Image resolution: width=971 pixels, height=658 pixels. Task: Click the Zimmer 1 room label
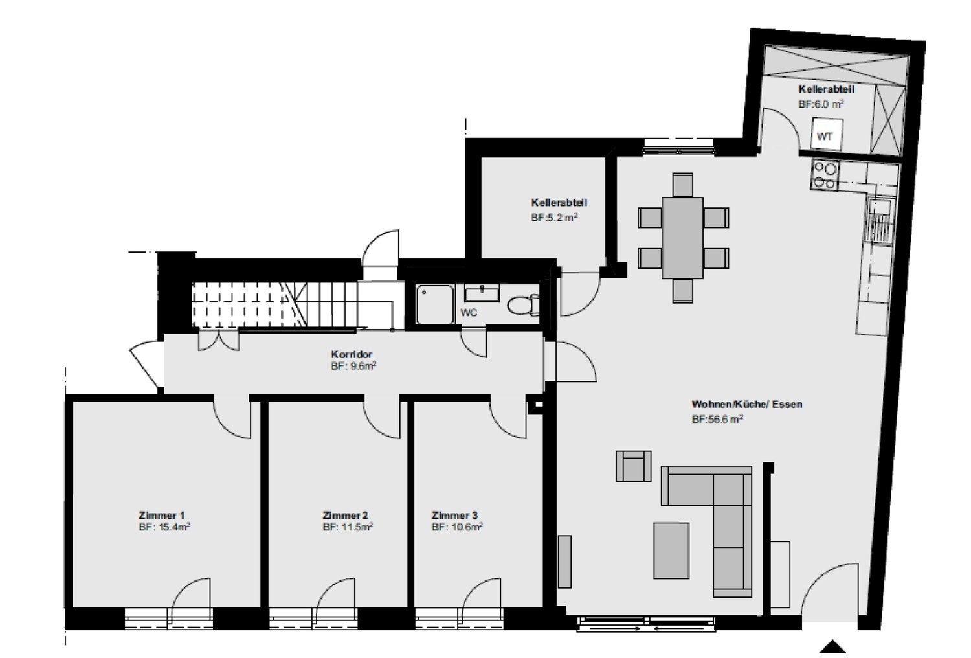162,516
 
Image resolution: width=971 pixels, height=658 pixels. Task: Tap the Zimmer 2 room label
346,516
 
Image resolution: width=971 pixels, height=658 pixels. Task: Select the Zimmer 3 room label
454,516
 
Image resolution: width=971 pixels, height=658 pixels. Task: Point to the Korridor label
352,354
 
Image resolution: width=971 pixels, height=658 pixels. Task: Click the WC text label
469,312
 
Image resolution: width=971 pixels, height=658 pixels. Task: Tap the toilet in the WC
523,305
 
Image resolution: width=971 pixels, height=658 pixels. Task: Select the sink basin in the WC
482,293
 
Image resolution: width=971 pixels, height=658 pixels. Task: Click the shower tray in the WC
435,304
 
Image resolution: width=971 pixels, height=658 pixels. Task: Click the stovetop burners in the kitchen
825,176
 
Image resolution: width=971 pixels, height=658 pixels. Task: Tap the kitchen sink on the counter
880,220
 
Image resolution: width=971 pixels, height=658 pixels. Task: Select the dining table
683,238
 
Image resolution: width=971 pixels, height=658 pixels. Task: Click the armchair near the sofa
633,466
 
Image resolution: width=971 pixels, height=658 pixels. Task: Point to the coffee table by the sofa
671,550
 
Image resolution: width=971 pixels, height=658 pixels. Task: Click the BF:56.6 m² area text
717,419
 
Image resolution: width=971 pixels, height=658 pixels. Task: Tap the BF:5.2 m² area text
554,218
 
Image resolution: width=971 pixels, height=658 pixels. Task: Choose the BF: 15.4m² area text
164,527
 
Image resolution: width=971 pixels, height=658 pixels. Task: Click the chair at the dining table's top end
683,185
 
